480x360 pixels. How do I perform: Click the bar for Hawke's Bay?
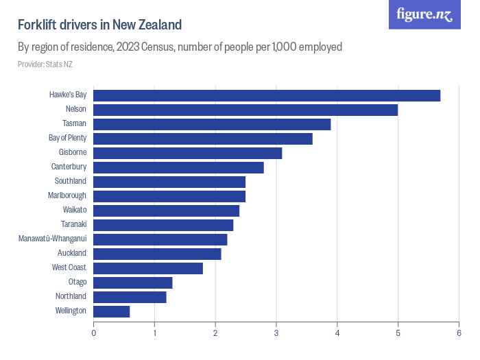(x=267, y=95)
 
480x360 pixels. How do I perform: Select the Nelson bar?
(x=245, y=110)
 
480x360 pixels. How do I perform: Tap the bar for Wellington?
(x=112, y=311)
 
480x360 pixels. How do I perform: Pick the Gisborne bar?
(x=188, y=153)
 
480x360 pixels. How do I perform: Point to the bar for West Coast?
(x=148, y=268)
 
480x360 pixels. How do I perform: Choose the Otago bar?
(x=133, y=283)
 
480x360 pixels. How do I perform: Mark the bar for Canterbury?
(x=178, y=167)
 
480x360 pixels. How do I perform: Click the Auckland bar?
(x=157, y=254)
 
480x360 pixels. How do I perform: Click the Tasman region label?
(x=74, y=123)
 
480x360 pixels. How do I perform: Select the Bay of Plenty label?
(x=67, y=138)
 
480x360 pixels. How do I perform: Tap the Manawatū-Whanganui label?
(x=52, y=239)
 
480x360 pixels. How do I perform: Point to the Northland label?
(x=71, y=296)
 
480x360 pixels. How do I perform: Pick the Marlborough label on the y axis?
(x=67, y=195)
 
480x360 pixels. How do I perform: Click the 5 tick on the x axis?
(x=398, y=333)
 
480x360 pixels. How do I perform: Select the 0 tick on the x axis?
(x=94, y=333)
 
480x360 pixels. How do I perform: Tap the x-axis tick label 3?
(x=276, y=333)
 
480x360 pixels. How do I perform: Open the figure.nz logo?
(x=424, y=14)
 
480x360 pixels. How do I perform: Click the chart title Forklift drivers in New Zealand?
(x=99, y=25)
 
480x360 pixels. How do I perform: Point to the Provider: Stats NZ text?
(x=45, y=64)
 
